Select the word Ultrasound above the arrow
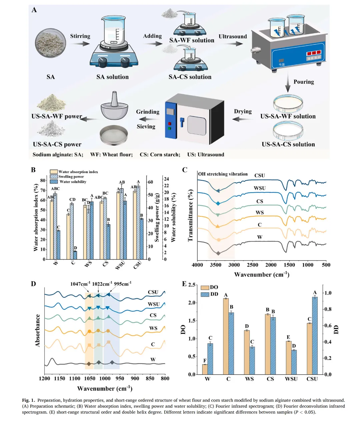coord(233,36)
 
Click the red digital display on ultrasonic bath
coord(314,53)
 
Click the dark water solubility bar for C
coord(75,255)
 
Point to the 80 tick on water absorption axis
coord(43,180)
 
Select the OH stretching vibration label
coord(223,174)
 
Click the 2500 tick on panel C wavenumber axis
coord(253,265)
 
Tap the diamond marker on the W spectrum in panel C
coord(218,253)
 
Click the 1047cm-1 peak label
coord(80,284)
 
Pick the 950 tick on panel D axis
coord(120,378)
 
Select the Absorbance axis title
coord(38,330)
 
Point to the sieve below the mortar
coord(114,135)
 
